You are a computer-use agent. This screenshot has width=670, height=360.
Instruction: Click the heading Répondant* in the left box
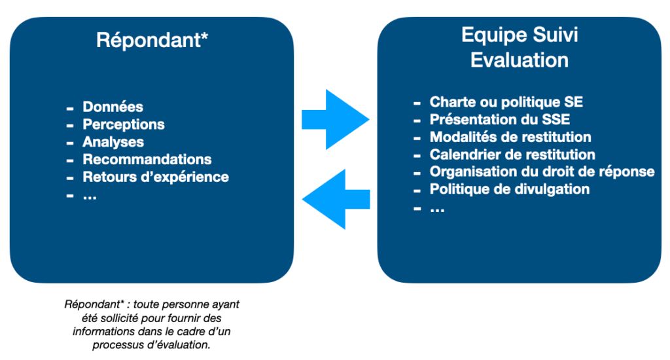point(152,40)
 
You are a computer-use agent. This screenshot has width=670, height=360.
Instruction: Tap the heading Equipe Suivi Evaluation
point(520,47)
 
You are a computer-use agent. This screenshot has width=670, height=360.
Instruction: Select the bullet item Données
point(113,107)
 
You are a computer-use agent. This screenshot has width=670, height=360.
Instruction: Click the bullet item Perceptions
point(124,124)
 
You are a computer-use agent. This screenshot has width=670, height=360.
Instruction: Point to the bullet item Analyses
point(113,142)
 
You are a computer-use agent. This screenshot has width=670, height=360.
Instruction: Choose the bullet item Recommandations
point(147,160)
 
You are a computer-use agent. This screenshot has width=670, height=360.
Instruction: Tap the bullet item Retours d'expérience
point(156,177)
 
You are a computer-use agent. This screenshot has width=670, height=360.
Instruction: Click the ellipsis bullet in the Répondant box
point(90,196)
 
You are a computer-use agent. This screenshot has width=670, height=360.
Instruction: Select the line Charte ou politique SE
point(506,102)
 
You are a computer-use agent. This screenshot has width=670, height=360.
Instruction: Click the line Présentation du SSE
point(499,120)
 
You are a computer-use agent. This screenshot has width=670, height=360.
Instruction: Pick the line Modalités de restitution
point(510,137)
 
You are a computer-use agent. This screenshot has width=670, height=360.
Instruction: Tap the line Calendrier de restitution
point(512,154)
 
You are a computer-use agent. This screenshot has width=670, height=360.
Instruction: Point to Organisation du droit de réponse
point(542,172)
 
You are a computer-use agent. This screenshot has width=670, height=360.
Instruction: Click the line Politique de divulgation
point(509,189)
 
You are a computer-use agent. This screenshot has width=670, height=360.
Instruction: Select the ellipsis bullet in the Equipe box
point(437,209)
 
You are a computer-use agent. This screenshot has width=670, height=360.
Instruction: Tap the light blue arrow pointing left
point(336,199)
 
